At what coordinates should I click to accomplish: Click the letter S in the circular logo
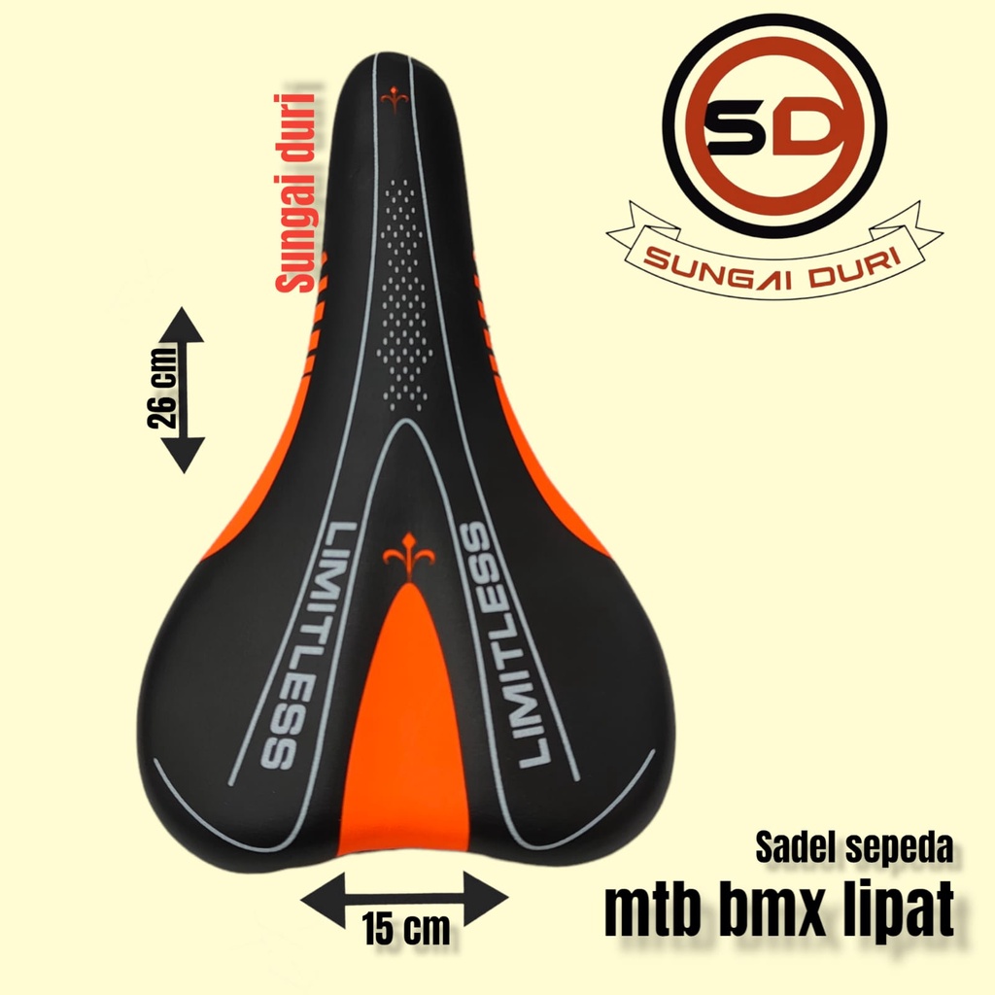737,132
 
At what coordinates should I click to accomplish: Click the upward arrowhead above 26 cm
181,325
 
